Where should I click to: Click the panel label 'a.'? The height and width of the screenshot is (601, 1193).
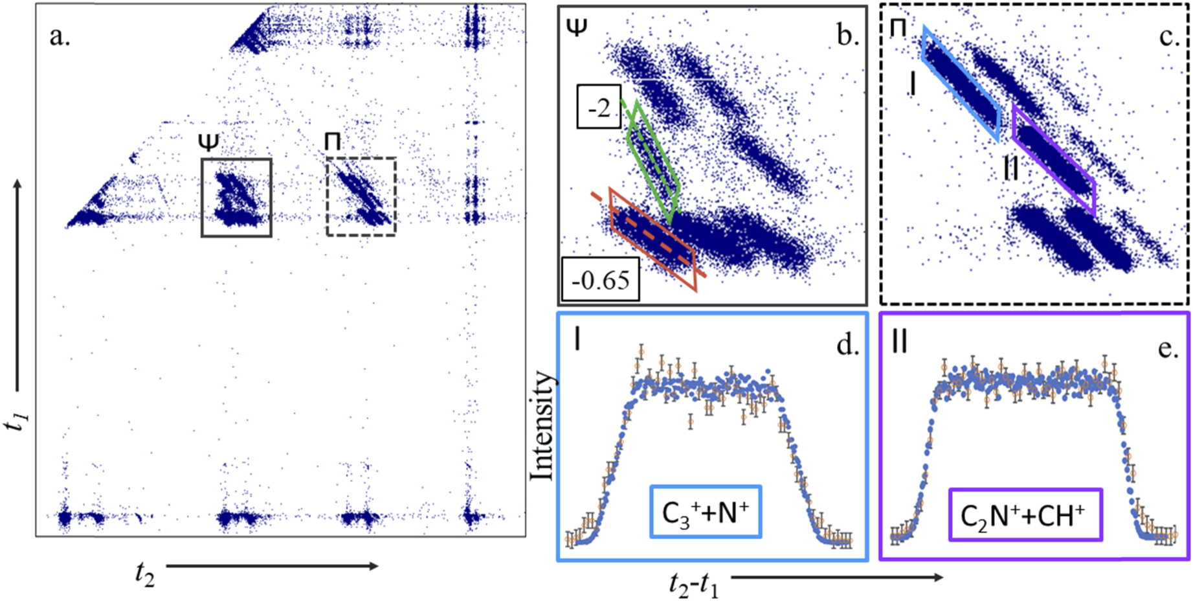point(60,37)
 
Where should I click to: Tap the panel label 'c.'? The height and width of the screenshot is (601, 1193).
point(1169,36)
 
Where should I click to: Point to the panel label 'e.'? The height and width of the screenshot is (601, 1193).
point(1168,347)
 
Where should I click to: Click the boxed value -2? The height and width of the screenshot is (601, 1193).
point(599,107)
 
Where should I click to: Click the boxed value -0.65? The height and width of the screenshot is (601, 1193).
point(600,280)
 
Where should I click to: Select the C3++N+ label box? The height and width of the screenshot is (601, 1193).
point(705,512)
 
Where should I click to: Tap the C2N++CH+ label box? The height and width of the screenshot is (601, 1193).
point(1024,515)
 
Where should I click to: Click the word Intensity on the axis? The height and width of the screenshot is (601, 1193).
point(542,425)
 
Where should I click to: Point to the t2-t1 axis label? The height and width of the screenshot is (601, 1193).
point(694,585)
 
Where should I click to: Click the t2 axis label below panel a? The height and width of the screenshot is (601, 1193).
point(144,574)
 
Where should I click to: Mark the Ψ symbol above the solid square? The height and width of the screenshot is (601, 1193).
point(209,141)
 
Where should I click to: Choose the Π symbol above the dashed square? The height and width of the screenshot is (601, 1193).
point(332,141)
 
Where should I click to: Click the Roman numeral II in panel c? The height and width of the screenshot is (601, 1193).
point(1010,170)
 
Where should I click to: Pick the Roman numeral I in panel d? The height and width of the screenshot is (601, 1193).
point(577,339)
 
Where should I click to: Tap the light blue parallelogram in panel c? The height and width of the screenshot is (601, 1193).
point(961,84)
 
